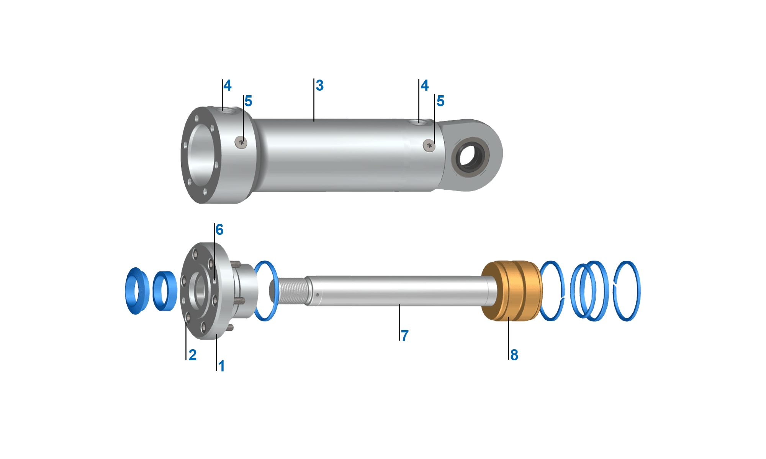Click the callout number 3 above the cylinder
[x=320, y=85]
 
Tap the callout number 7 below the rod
[x=405, y=335]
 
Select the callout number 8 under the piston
[x=514, y=355]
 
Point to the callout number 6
[x=219, y=229]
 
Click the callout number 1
[x=221, y=366]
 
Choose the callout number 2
[x=193, y=355]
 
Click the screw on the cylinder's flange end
[x=241, y=143]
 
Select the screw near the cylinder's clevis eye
[x=429, y=145]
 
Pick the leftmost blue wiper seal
[x=136, y=291]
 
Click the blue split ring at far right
[x=627, y=291]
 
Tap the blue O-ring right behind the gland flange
[x=266, y=291]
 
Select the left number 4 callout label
[x=228, y=85]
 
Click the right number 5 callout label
[x=440, y=101]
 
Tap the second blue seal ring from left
[x=165, y=291]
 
